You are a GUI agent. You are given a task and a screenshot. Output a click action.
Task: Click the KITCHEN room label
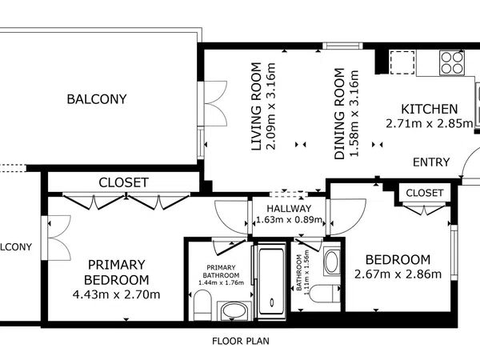tap(429, 109)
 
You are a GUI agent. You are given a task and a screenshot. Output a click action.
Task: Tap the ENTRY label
tap(431, 162)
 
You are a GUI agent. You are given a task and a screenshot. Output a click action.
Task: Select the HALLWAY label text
tap(289, 209)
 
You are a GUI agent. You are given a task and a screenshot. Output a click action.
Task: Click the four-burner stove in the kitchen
tap(451, 62)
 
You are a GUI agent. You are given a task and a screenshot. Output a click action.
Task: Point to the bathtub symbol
tap(271, 282)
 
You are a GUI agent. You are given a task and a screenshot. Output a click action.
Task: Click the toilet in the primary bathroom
tap(202, 305)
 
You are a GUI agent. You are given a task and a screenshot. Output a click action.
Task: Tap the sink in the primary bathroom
tap(234, 311)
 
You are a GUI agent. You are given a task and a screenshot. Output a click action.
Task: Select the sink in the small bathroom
tap(331, 262)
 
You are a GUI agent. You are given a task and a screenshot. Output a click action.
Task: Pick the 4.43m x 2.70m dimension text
tap(116, 294)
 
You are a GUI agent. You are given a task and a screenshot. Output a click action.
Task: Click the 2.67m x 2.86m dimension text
tap(398, 274)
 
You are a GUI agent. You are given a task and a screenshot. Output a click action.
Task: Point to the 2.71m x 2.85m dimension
tap(429, 124)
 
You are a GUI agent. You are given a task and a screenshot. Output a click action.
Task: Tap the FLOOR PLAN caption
tap(241, 341)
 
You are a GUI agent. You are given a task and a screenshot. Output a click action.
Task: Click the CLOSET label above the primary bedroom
tap(124, 182)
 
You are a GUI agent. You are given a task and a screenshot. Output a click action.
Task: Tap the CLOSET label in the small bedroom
tap(425, 193)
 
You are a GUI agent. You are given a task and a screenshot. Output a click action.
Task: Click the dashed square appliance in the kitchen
tap(402, 62)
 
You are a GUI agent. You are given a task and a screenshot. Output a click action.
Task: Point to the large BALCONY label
tap(97, 99)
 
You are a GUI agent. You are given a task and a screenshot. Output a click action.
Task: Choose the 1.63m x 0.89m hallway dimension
tap(289, 219)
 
